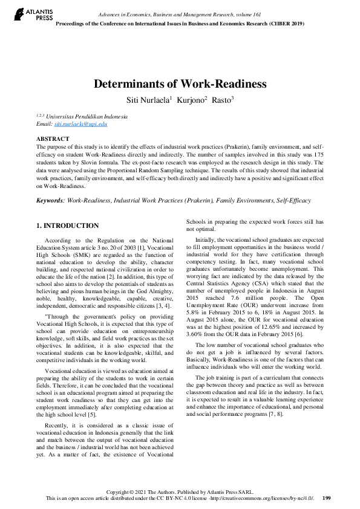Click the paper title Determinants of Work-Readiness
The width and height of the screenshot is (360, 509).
coord(180,84)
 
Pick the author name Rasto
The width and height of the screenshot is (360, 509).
coord(222,99)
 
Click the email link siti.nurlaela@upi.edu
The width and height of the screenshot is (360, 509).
coord(80,123)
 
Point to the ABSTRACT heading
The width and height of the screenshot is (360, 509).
coord(53,139)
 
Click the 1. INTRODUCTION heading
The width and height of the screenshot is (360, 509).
coord(68,225)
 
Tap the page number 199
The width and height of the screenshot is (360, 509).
coord(327,498)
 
